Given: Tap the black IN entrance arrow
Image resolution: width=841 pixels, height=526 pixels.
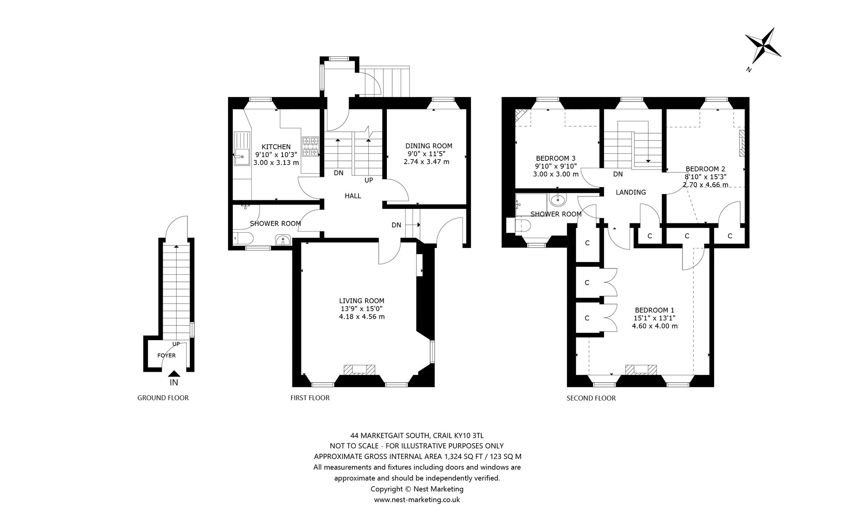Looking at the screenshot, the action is click(174, 374).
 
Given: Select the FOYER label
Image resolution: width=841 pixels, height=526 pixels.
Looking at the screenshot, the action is click(166, 355).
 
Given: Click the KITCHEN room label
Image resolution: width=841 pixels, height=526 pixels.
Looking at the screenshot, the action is click(276, 147).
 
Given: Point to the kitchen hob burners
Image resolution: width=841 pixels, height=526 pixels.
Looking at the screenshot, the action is click(311, 147).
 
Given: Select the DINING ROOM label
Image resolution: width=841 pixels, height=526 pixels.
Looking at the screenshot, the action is click(429, 146).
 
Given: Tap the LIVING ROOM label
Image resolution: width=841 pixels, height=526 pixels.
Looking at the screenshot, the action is click(362, 301).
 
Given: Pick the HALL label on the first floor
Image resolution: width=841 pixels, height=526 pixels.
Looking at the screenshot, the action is click(353, 196).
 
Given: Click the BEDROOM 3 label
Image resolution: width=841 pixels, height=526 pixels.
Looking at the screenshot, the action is click(556, 158).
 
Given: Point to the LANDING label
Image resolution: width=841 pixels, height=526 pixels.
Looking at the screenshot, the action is click(631, 192).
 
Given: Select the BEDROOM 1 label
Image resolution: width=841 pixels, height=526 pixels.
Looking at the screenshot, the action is click(655, 310).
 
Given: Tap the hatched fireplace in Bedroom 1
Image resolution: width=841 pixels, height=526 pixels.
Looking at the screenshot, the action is click(641, 370).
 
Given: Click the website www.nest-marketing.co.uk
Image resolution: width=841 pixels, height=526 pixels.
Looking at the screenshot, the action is click(417, 500).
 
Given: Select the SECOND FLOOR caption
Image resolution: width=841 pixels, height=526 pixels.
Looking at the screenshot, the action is click(591, 398).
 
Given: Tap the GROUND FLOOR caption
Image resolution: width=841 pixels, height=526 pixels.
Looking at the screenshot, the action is click(163, 398).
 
